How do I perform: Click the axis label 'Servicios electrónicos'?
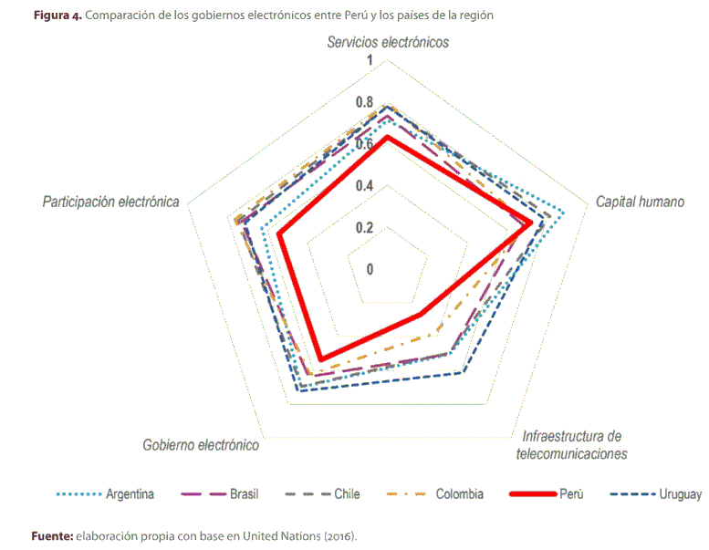point(389,42)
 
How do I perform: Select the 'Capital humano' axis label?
point(640,202)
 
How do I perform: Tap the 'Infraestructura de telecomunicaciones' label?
point(571,444)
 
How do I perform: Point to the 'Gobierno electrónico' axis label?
point(201,446)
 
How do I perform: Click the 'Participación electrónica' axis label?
point(110,202)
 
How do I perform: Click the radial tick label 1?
point(370,61)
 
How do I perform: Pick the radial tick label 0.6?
point(365,144)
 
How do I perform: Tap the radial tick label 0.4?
point(365,186)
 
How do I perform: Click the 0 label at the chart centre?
point(370,269)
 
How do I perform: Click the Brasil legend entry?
point(242,494)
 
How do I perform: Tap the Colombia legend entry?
point(459,494)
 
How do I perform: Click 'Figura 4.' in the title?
point(57,16)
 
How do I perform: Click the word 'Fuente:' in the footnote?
point(51,535)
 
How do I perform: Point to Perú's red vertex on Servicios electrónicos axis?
point(387,137)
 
